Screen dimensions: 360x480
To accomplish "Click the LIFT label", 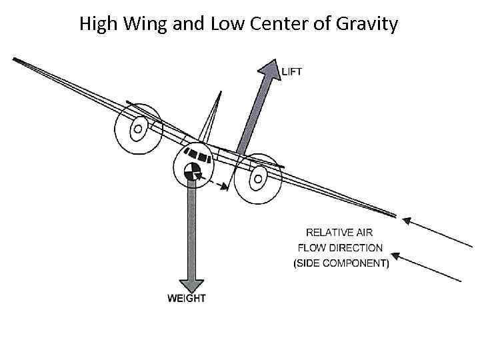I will [x=292, y=71].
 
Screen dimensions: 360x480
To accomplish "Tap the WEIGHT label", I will [x=187, y=298].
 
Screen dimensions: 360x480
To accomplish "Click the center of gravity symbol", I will [x=192, y=171].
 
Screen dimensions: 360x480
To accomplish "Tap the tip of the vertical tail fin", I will [x=219, y=94].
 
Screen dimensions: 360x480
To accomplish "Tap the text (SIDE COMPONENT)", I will [x=341, y=263].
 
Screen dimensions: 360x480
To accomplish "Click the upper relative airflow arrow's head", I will [x=403, y=220].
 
